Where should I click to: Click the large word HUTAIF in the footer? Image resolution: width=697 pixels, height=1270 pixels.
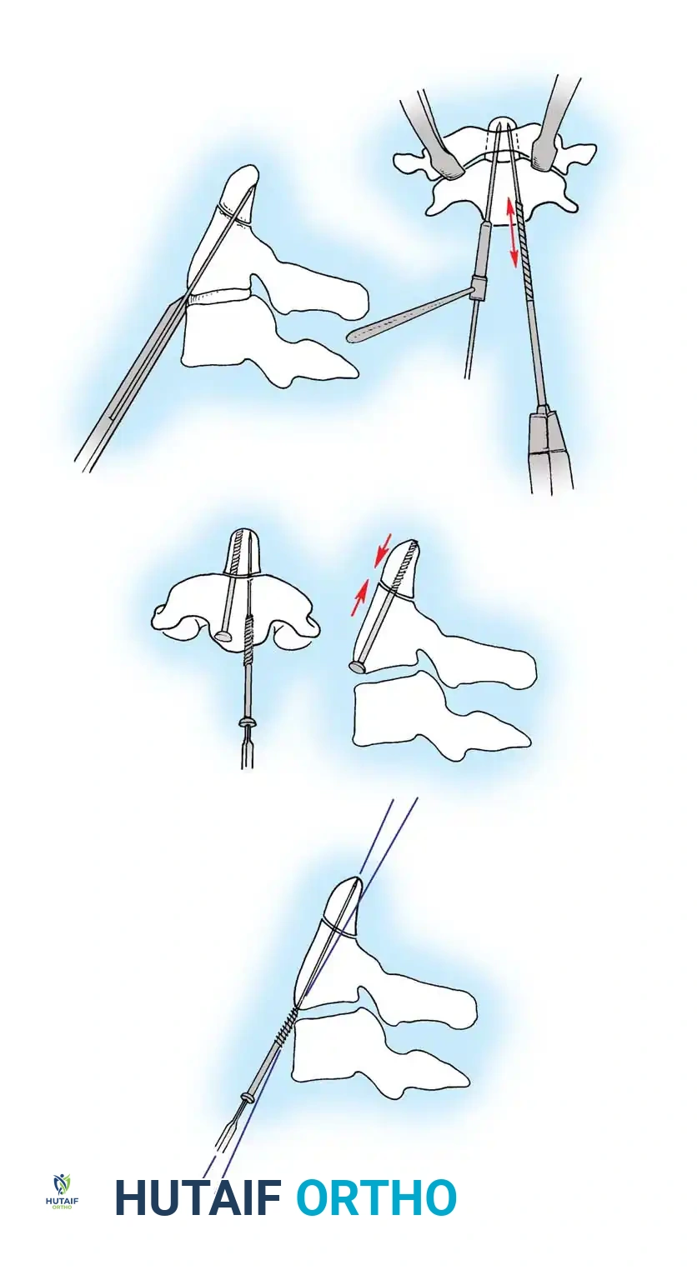click(198, 1197)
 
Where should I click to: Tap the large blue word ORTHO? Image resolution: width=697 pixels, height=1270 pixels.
click(376, 1197)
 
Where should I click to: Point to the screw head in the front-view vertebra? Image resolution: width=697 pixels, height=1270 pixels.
click(223, 637)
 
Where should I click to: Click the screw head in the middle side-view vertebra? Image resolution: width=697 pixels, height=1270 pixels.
click(359, 667)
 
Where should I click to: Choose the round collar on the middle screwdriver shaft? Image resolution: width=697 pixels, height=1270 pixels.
click(246, 722)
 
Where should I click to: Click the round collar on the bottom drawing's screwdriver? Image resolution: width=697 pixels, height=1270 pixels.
click(247, 1097)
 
